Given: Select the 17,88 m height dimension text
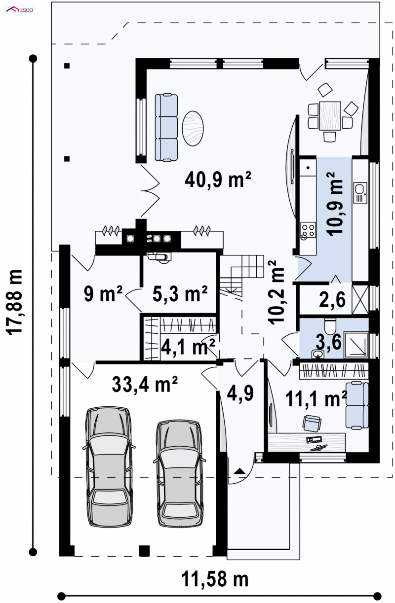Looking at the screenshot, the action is coord(15,302).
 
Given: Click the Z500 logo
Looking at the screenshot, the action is coord(20,10).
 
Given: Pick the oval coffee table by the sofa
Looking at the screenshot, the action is coord(193,128).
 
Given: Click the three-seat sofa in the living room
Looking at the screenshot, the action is coord(166,128).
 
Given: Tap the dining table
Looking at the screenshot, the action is coord(330,115).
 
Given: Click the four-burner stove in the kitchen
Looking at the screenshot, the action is coord(308,230).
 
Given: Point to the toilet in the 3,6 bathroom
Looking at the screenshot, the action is coord(330,325).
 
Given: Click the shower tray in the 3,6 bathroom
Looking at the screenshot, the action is coord(356,345).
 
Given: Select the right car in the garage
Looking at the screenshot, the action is coord(180,473).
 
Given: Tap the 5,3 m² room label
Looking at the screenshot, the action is coord(180,293).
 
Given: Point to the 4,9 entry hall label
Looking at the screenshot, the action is coord(240,393).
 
